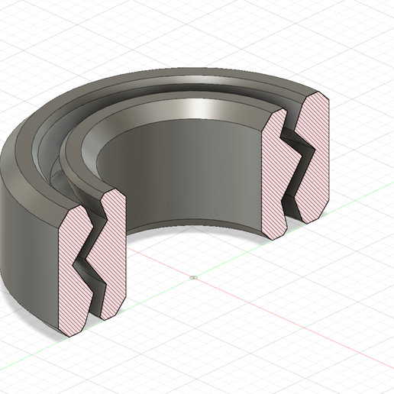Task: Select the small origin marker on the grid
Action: coord(194,277)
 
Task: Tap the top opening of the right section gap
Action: coord(288,111)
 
